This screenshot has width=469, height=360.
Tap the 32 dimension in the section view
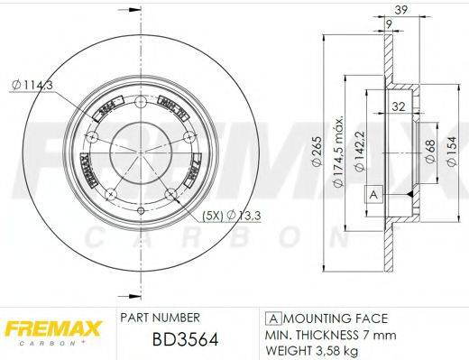click(x=398, y=106)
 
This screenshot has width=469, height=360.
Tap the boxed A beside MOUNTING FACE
click(x=271, y=318)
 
